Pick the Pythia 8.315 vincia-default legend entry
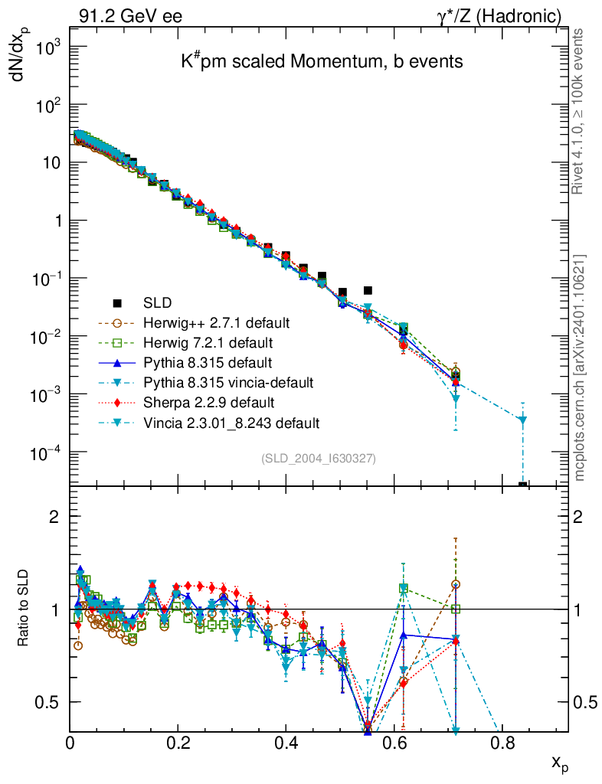coord(227,381)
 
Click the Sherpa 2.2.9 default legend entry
coord(204,401)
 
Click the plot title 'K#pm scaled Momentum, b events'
coord(322,62)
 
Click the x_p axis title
coord(558,763)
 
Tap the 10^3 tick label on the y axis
coord(47,47)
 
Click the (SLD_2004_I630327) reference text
coord(318,459)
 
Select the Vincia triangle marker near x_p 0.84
coord(523,420)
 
